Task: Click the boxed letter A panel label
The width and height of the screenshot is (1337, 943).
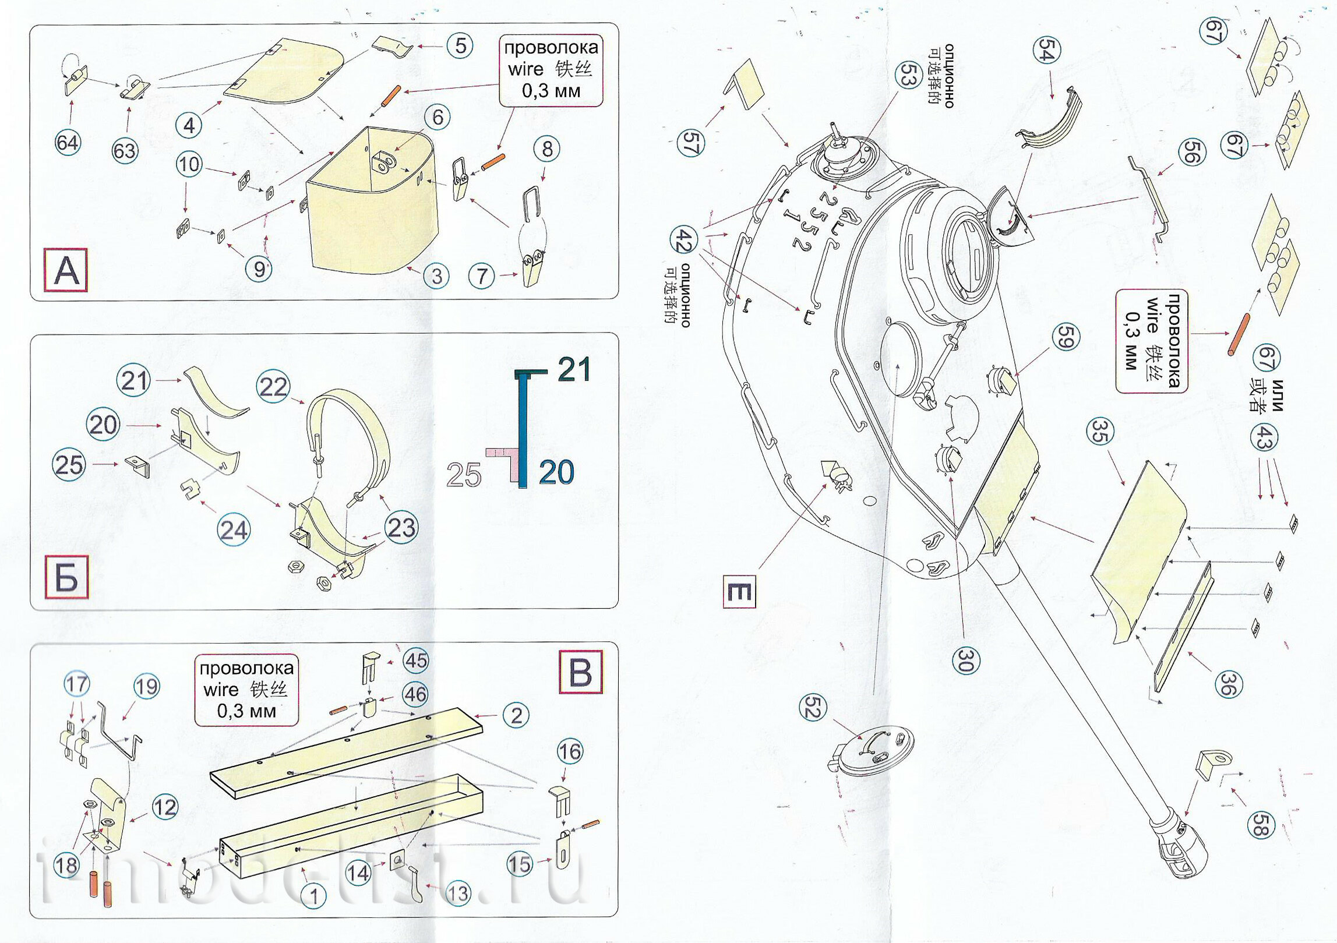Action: pyautogui.click(x=66, y=270)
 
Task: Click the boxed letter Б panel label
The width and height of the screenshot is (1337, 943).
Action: pyautogui.click(x=66, y=577)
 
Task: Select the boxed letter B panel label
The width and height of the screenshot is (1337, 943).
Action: pyautogui.click(x=580, y=672)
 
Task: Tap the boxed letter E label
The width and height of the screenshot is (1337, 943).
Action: pyautogui.click(x=739, y=592)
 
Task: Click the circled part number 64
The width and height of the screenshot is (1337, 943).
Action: pyautogui.click(x=68, y=143)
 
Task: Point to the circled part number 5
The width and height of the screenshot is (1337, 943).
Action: pyautogui.click(x=460, y=45)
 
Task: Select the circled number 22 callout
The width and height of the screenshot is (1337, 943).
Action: pyautogui.click(x=273, y=387)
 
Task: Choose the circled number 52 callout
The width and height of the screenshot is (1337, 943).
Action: pyautogui.click(x=813, y=708)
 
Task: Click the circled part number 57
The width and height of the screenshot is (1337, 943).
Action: pyautogui.click(x=691, y=143)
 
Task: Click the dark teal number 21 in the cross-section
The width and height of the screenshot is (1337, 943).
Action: pyautogui.click(x=574, y=369)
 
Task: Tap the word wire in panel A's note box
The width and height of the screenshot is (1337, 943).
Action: pyautogui.click(x=525, y=69)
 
